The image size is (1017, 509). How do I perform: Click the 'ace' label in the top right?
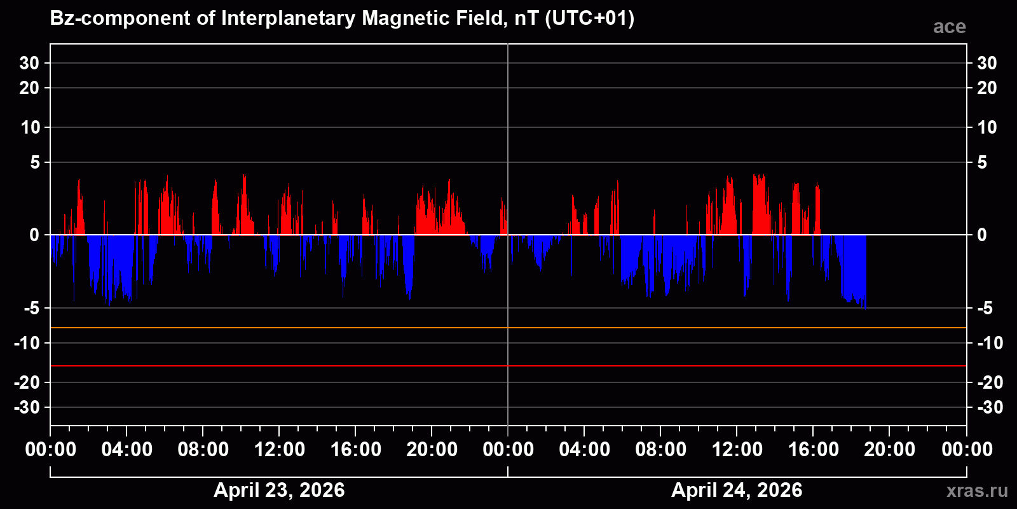pos(949,27)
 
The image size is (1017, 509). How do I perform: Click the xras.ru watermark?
pos(977,491)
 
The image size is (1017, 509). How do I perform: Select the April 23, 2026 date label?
pos(279,490)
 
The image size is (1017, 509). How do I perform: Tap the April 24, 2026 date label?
pos(737,490)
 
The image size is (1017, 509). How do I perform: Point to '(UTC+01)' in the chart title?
pos(589,18)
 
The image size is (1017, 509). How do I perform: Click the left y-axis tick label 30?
pos(29,63)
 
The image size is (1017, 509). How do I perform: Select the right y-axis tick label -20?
pos(990,382)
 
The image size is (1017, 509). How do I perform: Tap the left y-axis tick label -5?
pos(32,309)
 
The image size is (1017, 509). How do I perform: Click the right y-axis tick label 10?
pos(986,127)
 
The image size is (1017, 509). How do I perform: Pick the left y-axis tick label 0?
pos(34,235)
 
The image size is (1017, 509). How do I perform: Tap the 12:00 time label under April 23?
pos(279,449)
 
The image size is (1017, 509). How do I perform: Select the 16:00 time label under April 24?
pos(813,449)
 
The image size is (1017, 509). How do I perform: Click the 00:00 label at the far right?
pos(967,449)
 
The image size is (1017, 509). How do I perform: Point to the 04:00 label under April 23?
pos(126,449)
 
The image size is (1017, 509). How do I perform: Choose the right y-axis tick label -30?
pos(990,407)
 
